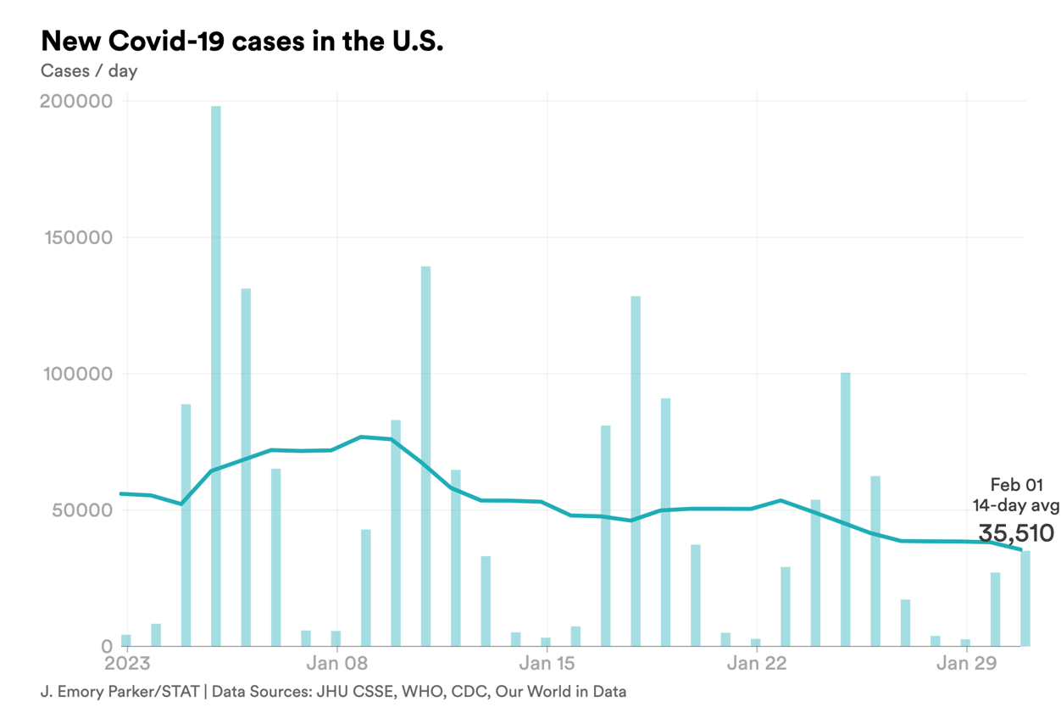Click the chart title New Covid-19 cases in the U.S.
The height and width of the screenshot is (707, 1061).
(x=242, y=42)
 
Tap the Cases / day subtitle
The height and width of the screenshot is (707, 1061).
(x=89, y=71)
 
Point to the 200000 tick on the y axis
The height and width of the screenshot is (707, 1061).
(x=76, y=102)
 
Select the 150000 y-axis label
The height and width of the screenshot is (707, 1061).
(x=76, y=238)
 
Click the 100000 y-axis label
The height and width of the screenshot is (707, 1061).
(x=76, y=374)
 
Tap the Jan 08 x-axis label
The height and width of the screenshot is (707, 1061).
(x=337, y=663)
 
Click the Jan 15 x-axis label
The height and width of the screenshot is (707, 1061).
(x=547, y=663)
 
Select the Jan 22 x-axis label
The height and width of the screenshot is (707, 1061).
(x=756, y=663)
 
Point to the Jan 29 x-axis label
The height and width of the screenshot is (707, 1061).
(x=965, y=663)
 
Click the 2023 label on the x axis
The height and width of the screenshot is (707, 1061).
(x=127, y=663)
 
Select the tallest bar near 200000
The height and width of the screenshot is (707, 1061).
(x=216, y=373)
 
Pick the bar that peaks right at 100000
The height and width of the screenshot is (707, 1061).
(x=845, y=509)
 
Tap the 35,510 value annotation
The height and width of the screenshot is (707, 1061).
(x=1016, y=533)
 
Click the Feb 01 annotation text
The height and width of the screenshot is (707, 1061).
(x=1016, y=485)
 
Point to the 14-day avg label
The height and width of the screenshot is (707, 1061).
(x=1015, y=506)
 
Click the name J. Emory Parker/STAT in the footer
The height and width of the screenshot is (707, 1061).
(x=119, y=692)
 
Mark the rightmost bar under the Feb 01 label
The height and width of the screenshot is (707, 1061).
(x=1025, y=598)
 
